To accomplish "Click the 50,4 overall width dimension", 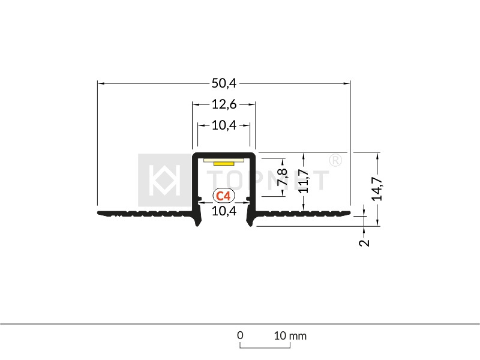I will click(x=224, y=83).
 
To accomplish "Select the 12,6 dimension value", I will click(x=224, y=104).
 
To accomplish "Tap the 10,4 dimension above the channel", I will click(x=224, y=125).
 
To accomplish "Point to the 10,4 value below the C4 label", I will click(x=224, y=211).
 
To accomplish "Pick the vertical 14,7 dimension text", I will click(x=377, y=188).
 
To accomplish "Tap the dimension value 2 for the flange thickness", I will click(x=364, y=242).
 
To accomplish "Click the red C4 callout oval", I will click(x=224, y=196).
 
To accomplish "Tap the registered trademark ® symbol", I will click(x=335, y=160).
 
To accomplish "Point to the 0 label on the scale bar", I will click(x=240, y=335).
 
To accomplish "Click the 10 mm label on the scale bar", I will click(x=290, y=335).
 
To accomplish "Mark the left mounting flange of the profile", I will click(x=144, y=213).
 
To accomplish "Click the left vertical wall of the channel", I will click(x=194, y=180).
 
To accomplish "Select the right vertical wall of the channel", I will click(x=253, y=180).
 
